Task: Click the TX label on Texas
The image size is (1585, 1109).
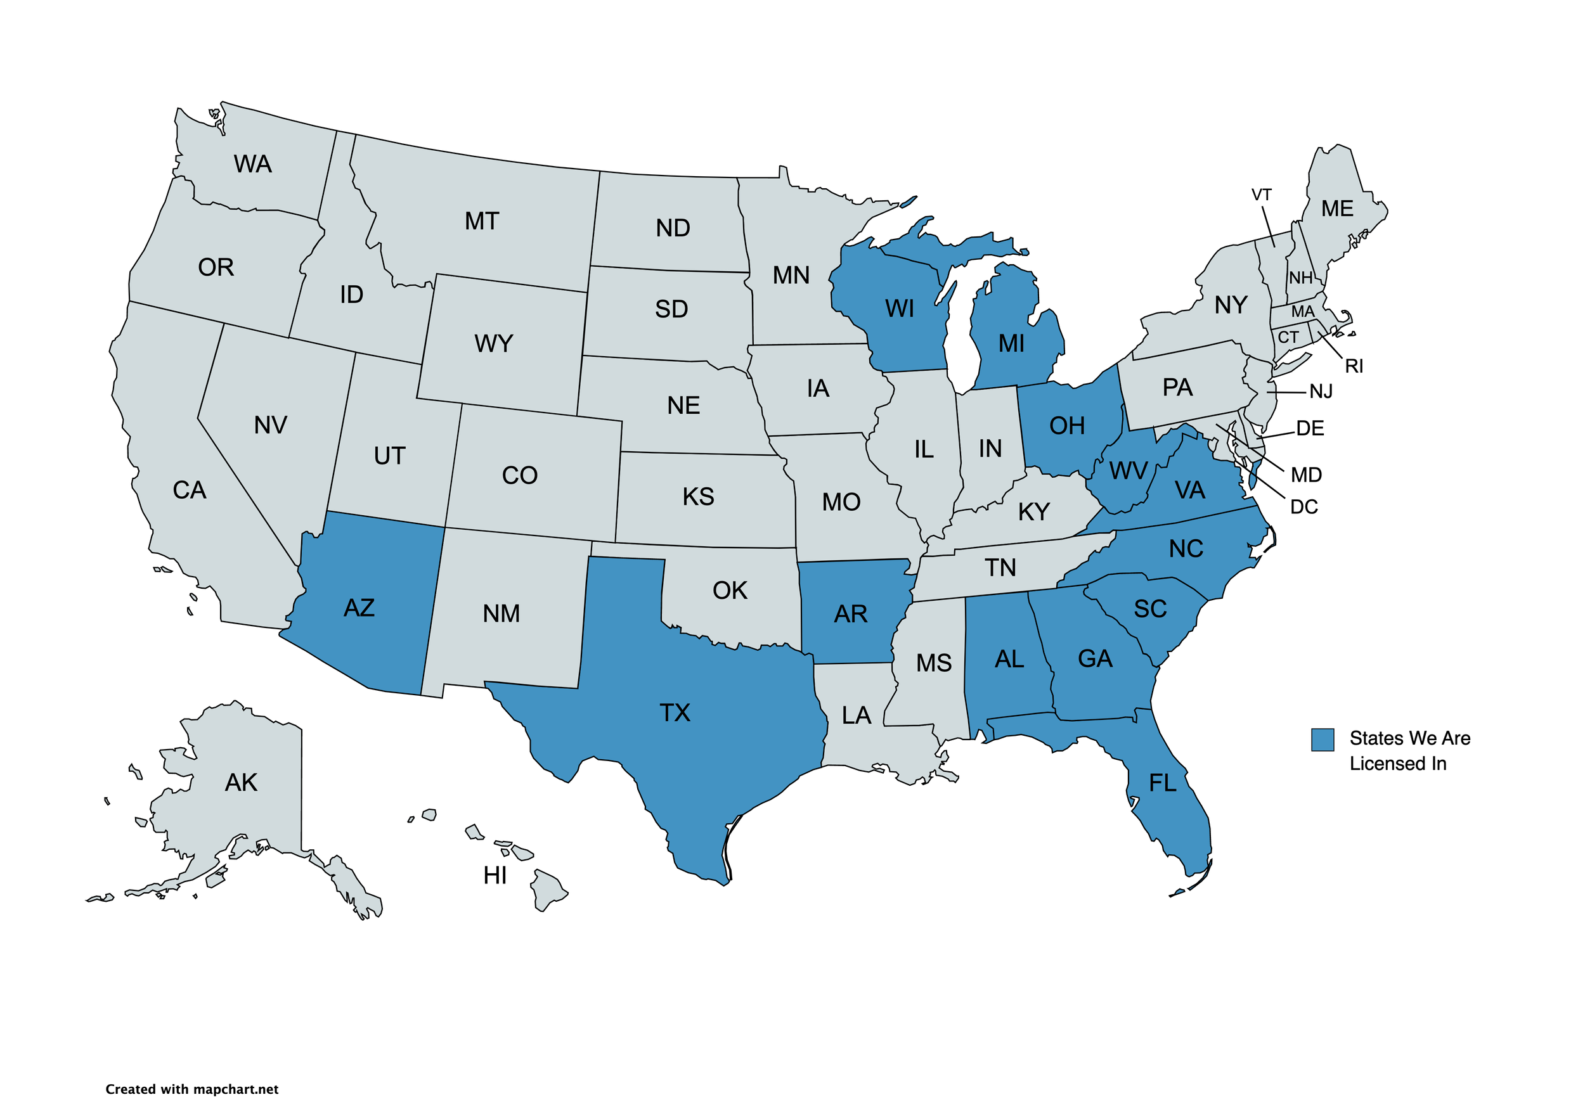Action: tap(675, 713)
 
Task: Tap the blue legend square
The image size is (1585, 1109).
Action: tap(1322, 739)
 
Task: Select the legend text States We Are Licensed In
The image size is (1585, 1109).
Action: tap(1409, 751)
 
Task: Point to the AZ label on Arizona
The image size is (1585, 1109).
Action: tap(359, 608)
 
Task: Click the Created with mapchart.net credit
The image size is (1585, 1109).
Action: tap(192, 1089)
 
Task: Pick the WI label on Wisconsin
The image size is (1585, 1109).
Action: tap(900, 309)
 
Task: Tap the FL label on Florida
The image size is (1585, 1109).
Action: tap(1163, 783)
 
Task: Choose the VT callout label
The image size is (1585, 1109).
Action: tap(1261, 195)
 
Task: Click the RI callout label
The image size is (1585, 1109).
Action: tap(1354, 366)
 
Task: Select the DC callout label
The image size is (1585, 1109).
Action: tap(1304, 507)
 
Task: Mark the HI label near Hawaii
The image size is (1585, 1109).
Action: tap(495, 876)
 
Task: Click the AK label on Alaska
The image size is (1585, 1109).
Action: tap(241, 783)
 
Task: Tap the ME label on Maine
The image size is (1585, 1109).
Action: tap(1337, 208)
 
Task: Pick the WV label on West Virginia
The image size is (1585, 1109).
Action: tap(1128, 471)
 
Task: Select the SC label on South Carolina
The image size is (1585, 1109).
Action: tap(1150, 608)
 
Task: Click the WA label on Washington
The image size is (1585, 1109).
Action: tap(253, 164)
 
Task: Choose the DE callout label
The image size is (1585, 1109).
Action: tap(1310, 428)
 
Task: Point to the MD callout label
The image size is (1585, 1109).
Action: tap(1306, 475)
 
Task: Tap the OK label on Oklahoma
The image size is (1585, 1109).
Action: tap(730, 591)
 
